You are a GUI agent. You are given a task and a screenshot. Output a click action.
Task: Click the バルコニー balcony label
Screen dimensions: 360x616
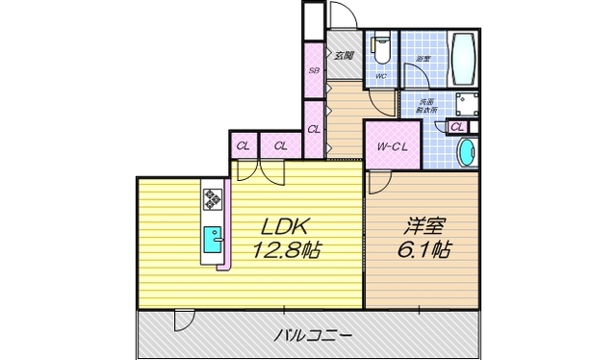click(x=312, y=336)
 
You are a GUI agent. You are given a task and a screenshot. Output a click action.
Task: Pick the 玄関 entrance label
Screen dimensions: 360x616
click(x=344, y=55)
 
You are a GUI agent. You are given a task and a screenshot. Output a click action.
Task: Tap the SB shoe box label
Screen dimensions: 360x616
click(x=314, y=70)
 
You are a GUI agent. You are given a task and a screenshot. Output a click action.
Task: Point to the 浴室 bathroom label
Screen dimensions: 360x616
click(x=423, y=61)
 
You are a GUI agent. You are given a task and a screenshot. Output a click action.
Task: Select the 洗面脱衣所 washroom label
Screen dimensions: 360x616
click(x=427, y=106)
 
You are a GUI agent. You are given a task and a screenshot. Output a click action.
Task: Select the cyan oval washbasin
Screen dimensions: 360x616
click(x=466, y=152)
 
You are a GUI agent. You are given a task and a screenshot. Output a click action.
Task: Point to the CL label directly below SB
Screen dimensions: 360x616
click(x=314, y=129)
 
